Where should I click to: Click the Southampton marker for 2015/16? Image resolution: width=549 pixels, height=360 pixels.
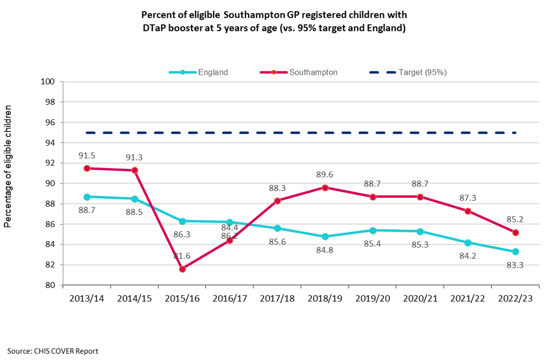pos(182,269)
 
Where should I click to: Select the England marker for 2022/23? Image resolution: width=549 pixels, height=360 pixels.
pos(515,252)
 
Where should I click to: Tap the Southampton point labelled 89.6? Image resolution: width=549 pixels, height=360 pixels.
pos(325,187)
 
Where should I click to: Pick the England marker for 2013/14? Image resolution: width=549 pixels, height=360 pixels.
pos(87,197)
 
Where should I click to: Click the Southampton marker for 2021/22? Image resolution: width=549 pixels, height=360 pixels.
pos(468,211)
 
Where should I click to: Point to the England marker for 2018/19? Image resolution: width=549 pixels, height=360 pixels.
pos(325,236)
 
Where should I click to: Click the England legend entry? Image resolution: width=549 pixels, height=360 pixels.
pos(213,73)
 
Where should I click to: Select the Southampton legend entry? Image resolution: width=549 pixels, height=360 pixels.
pos(313,73)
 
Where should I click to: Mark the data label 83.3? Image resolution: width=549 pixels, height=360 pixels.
pos(515,265)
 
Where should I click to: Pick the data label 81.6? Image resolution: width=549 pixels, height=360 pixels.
pos(182,256)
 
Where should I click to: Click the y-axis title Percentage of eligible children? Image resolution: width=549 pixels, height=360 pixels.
pos(8,166)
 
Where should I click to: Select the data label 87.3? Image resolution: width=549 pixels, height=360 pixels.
pos(467,198)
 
